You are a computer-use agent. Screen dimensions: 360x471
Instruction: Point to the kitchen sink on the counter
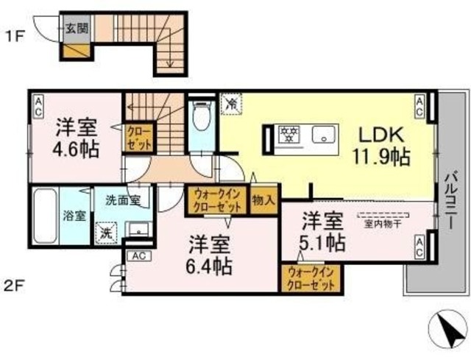(x=323, y=134)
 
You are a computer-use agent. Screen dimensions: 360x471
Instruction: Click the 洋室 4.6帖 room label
(x=76, y=136)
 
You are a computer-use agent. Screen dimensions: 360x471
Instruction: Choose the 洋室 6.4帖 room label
(x=209, y=254)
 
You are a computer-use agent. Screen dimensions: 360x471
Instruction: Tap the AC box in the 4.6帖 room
(x=38, y=105)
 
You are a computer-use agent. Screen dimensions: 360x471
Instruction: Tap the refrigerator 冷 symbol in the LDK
(x=230, y=104)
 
